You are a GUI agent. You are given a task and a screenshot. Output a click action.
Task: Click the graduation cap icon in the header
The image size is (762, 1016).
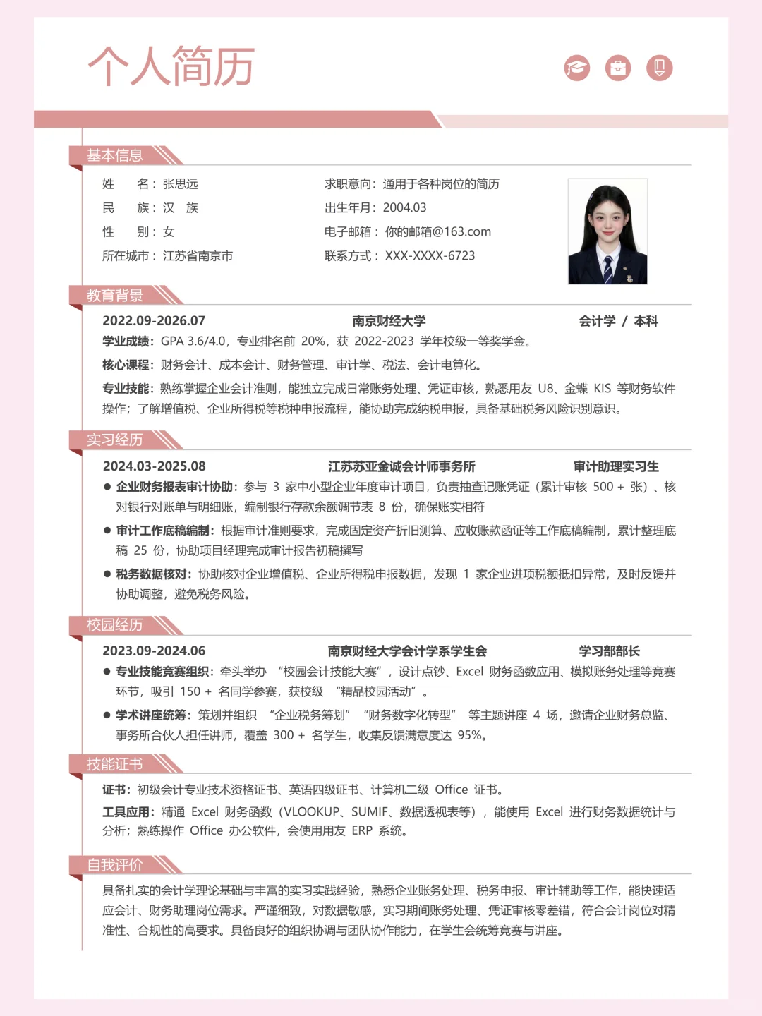576,68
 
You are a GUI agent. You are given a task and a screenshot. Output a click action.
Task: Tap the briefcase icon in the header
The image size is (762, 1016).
618,68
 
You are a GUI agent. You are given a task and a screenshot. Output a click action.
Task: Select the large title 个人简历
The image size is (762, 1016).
171,66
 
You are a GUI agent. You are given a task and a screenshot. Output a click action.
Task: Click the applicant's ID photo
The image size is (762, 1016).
607,231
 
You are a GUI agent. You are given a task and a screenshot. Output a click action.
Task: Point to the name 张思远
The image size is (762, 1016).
181,184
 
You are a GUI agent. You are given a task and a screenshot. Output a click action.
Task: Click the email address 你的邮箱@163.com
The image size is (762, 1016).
437,232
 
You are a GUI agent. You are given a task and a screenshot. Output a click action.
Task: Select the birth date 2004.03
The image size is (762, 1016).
404,208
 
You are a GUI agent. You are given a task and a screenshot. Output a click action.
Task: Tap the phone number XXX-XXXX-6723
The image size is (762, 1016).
430,256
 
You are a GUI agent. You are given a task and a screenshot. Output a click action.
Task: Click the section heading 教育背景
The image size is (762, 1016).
115,296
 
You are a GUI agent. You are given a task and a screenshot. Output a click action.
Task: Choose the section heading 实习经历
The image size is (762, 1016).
115,440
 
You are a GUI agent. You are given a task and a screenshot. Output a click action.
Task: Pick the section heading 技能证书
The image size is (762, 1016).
115,764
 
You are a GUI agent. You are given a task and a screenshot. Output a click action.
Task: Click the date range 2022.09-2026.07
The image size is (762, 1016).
154,321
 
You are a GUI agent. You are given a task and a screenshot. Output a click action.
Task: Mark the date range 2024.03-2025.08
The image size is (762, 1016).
155,466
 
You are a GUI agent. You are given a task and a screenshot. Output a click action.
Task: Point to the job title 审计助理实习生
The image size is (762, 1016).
616,466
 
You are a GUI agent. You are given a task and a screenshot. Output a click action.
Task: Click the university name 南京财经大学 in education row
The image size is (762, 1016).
389,321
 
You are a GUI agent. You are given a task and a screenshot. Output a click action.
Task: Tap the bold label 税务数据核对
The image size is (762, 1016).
153,574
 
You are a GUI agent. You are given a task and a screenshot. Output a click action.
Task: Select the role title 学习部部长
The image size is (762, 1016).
609,651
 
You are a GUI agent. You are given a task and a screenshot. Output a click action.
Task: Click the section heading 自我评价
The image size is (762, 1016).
115,865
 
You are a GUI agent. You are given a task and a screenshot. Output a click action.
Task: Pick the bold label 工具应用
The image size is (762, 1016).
128,812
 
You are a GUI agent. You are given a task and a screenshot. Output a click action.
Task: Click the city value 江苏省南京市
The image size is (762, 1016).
198,256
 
